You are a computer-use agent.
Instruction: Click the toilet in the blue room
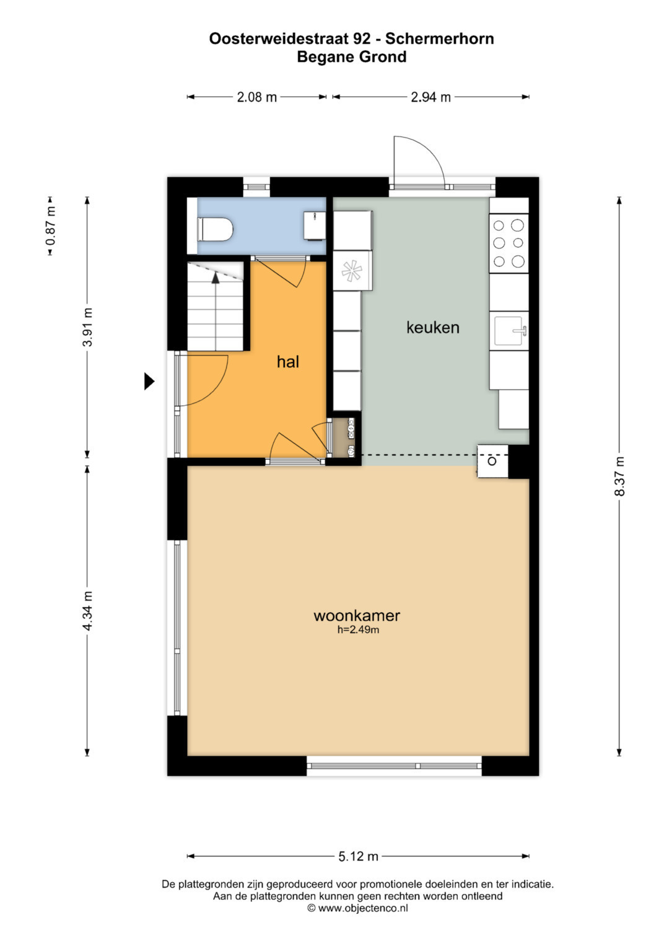215,229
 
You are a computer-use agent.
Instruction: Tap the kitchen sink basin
509,331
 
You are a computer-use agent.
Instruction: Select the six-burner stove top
509,243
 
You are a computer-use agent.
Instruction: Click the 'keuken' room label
432,327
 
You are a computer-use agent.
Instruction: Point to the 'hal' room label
287,362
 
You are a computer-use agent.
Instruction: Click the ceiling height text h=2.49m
358,629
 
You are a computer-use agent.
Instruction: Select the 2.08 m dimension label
256,97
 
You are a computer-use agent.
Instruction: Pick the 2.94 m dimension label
431,97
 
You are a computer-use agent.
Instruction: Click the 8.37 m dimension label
619,476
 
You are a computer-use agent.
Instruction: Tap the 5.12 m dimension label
358,856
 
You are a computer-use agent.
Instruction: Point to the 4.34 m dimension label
87,611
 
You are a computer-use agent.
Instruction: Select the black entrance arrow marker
149,381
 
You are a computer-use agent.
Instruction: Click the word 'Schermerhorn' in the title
439,39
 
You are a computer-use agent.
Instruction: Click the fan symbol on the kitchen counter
352,271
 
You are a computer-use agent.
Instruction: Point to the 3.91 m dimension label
87,327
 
